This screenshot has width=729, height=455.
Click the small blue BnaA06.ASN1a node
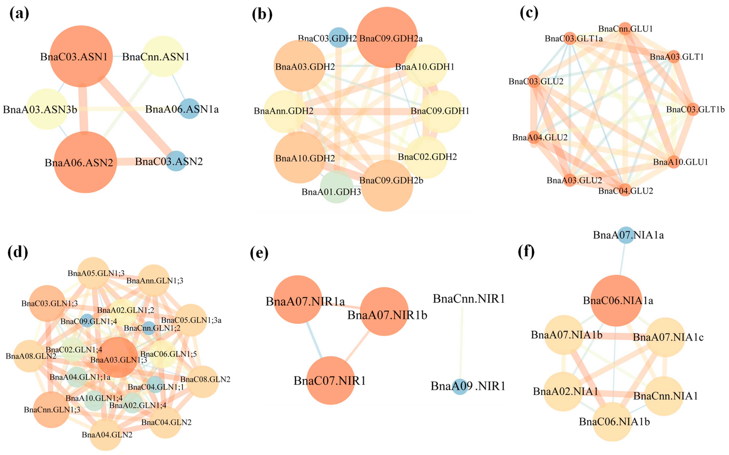[x=189, y=109]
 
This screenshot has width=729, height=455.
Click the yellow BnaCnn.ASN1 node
[x=163, y=56]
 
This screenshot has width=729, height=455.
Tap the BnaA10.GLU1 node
[x=674, y=162]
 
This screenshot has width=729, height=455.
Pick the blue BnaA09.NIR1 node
[x=460, y=386]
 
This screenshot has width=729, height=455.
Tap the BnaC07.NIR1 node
[x=330, y=380]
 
